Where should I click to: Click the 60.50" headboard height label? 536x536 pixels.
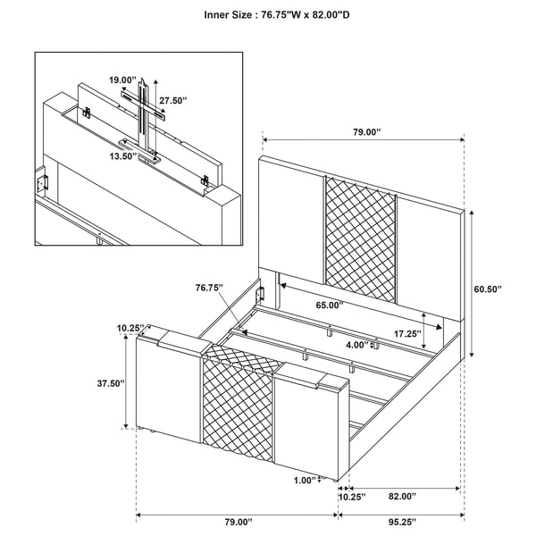[489, 289]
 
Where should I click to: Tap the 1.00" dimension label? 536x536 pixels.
[306, 481]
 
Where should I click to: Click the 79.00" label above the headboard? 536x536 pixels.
[364, 131]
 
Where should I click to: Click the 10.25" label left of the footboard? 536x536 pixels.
[129, 328]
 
